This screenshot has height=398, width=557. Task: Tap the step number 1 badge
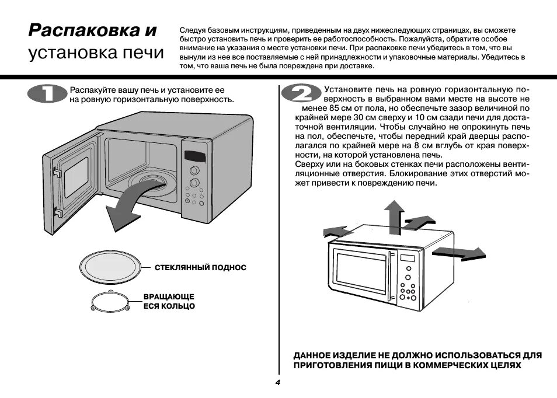click(x=47, y=94)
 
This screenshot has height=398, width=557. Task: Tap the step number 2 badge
click(x=299, y=95)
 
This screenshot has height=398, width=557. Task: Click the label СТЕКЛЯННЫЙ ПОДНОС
click(x=200, y=267)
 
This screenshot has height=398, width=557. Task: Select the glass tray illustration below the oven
click(x=113, y=267)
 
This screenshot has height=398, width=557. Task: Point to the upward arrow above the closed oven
click(x=394, y=212)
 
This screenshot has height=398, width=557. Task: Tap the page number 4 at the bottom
click(x=278, y=382)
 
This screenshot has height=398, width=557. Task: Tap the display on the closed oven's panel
click(x=408, y=258)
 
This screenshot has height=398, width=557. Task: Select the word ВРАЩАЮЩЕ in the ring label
click(x=169, y=296)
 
